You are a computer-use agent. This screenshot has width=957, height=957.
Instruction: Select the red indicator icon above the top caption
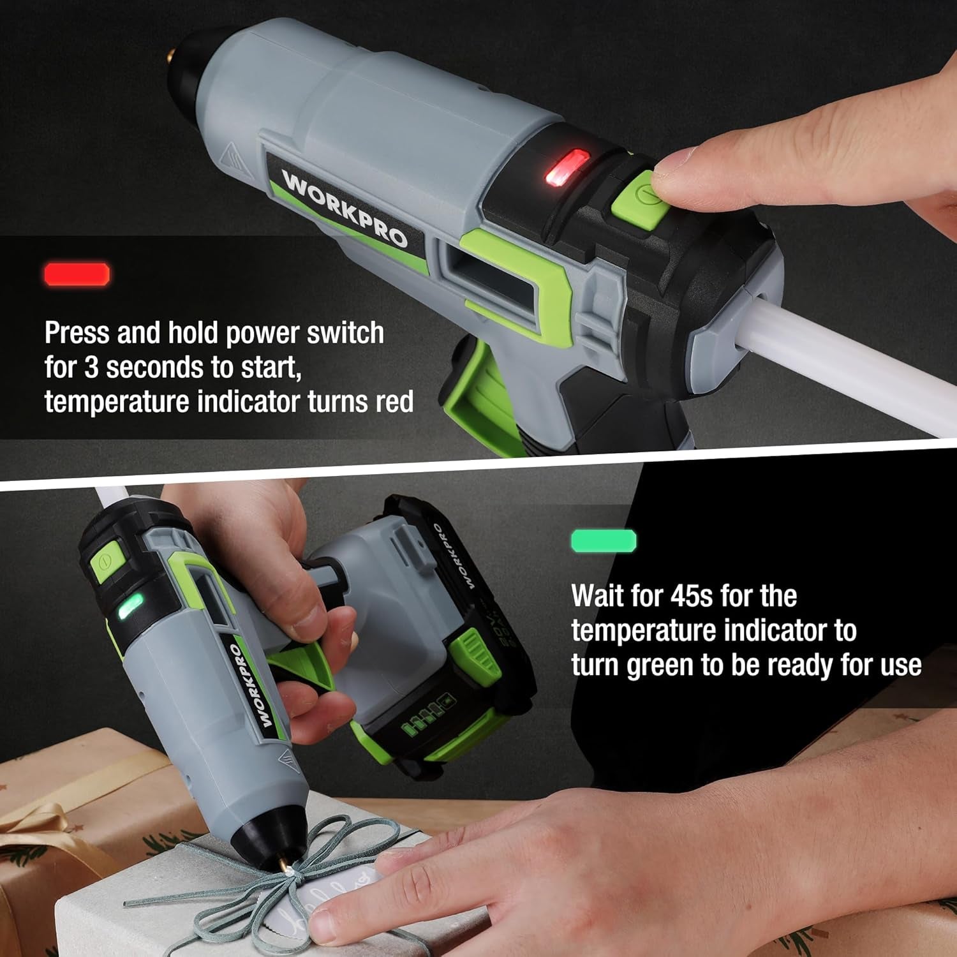77,274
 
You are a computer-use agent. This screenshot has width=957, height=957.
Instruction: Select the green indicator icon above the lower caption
604,540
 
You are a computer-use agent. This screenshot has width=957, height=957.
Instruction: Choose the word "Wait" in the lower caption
597,597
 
